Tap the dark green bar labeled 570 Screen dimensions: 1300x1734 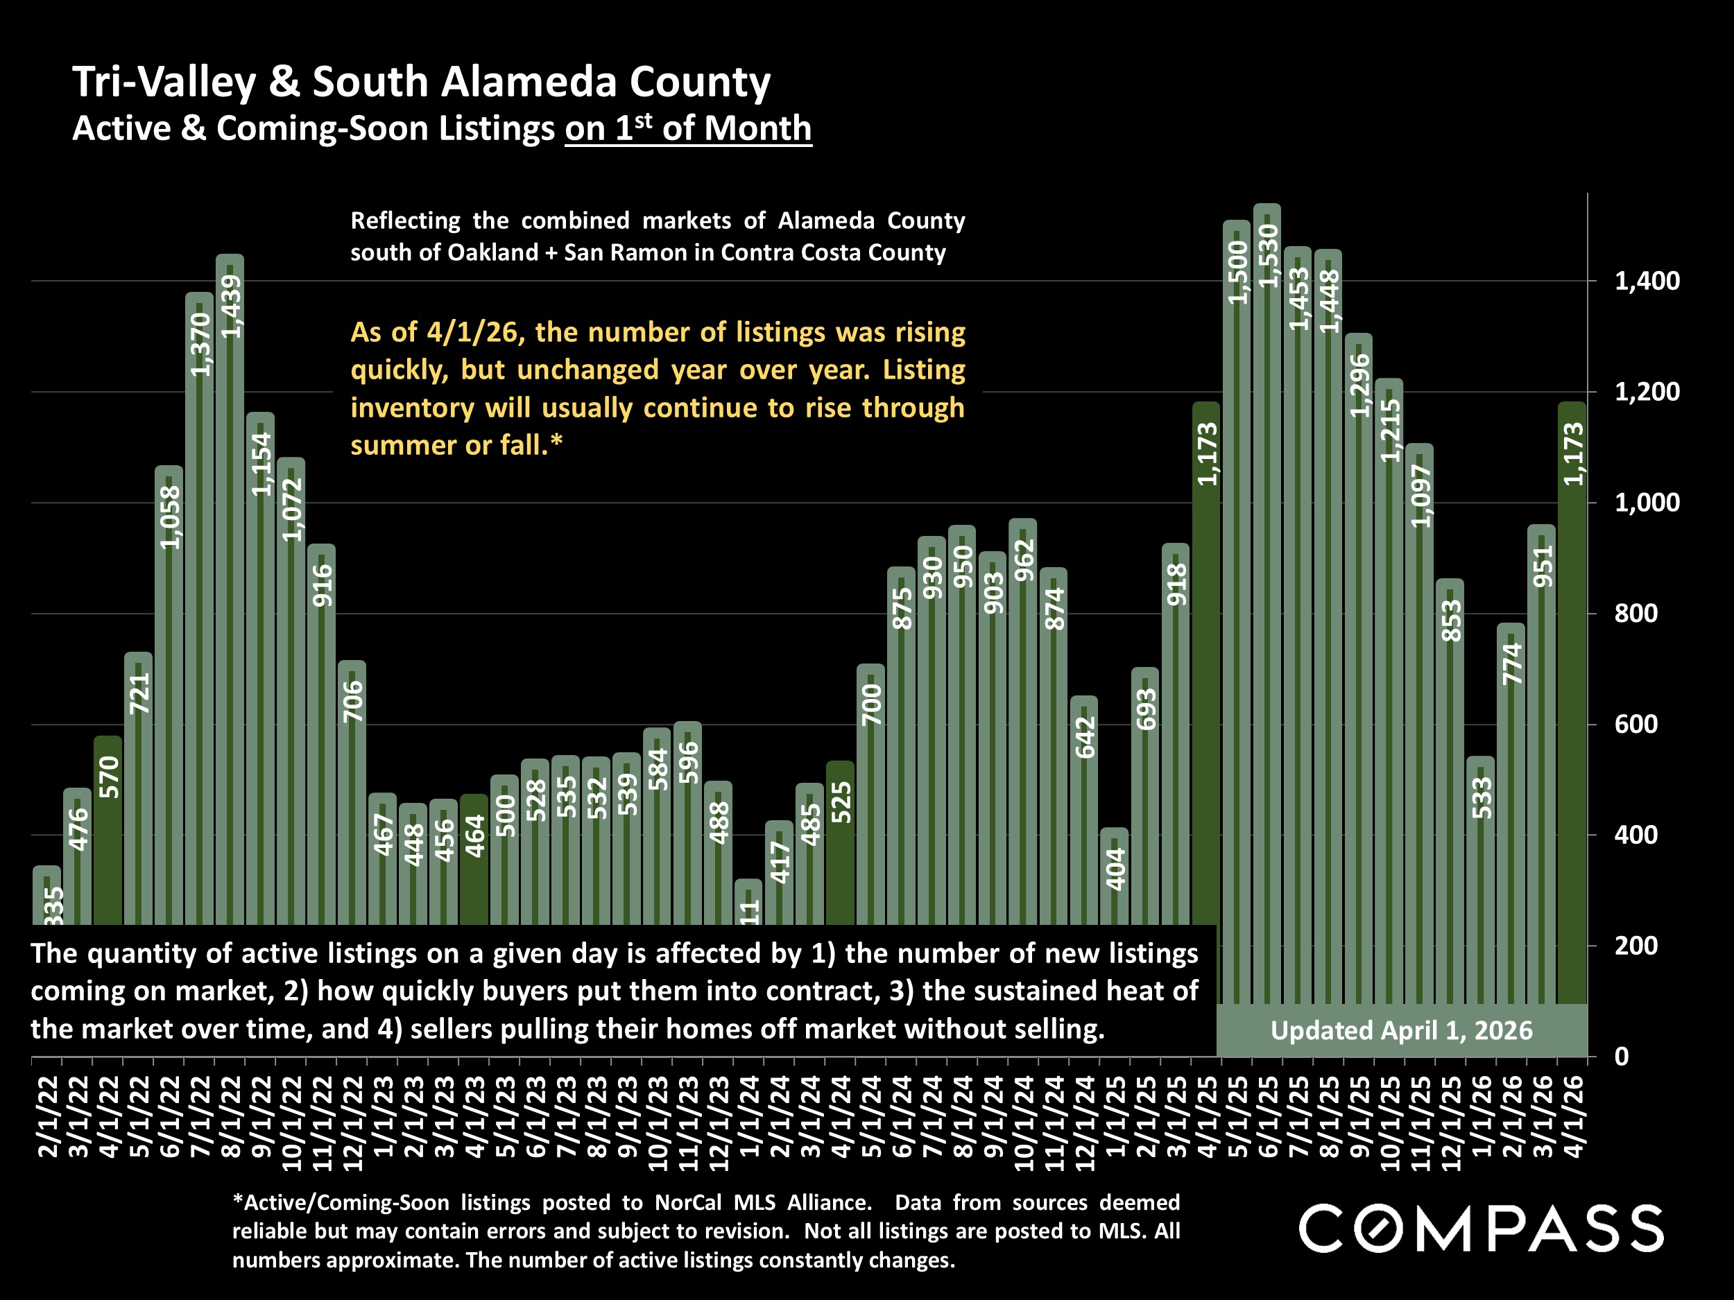(x=108, y=831)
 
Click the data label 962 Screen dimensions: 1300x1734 (x=1024, y=560)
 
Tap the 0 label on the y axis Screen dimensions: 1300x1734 (x=1622, y=1057)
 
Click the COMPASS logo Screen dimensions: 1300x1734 (x=1481, y=1229)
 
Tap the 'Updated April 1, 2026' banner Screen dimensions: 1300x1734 (x=1402, y=1030)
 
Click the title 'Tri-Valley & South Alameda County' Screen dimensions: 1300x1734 (x=422, y=83)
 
